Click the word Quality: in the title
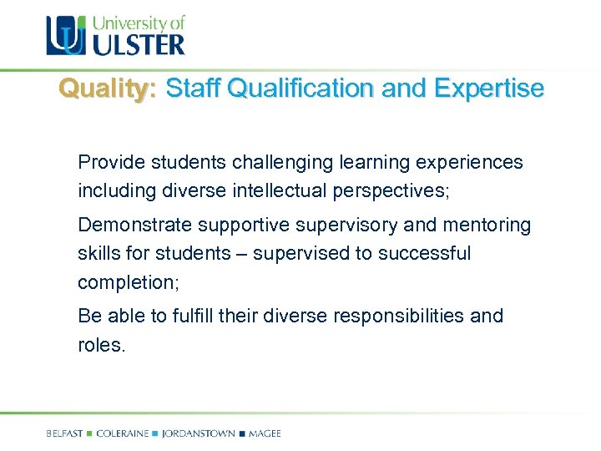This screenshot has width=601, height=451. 107,89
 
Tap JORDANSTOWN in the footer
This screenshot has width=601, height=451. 199,433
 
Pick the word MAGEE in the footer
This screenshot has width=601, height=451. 265,433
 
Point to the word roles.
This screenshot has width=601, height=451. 101,345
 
